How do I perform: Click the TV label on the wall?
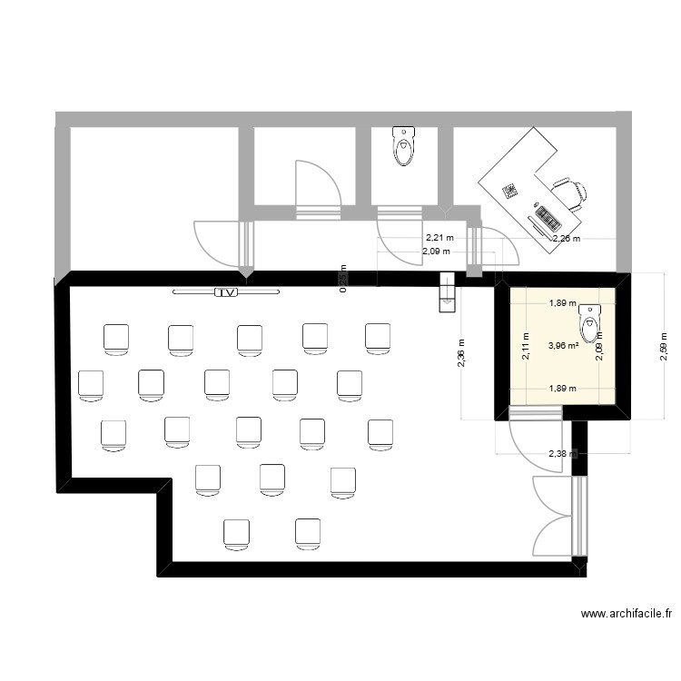[x=225, y=292]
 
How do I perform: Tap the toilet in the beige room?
[x=590, y=320]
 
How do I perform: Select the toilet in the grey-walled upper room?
[x=404, y=146]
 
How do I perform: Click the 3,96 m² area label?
[x=563, y=345]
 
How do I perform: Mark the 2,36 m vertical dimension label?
[x=461, y=360]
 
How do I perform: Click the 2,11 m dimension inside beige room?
[x=525, y=345]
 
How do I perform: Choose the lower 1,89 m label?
[x=561, y=389]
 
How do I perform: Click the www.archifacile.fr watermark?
[x=627, y=615]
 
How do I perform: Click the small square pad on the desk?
[x=510, y=191]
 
